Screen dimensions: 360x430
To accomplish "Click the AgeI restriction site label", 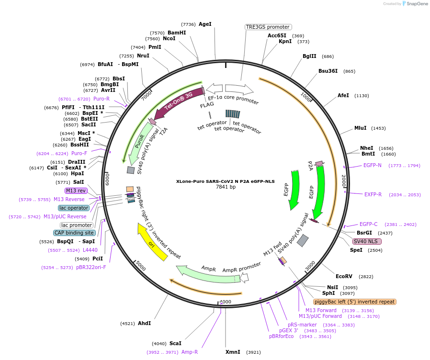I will click(205, 24).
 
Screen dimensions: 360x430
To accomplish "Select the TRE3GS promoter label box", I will click(268, 27).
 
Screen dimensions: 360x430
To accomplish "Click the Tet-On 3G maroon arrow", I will click(177, 102).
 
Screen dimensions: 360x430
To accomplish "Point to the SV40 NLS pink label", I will click(367, 241).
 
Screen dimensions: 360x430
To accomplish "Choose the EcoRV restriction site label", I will click(344, 276).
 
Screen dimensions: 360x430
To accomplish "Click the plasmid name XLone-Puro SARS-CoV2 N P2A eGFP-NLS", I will click(225, 181).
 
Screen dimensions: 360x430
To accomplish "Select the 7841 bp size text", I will click(226, 187).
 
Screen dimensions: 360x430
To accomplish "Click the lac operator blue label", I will click(74, 208).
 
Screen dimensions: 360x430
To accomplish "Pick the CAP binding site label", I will click(74, 233).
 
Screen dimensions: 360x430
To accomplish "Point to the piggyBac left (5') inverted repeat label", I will click(355, 302).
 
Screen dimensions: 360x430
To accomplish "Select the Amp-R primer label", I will click(190, 352).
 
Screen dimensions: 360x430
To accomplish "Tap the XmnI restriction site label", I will click(233, 352).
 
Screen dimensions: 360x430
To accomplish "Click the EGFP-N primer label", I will click(373, 165).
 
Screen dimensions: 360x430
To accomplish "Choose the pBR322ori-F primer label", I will click(91, 267).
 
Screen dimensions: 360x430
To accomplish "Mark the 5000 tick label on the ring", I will click(141, 266).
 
